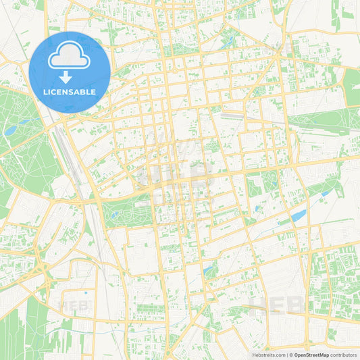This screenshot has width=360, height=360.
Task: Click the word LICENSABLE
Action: tap(70, 91)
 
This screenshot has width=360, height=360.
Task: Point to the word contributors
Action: tap(344, 355)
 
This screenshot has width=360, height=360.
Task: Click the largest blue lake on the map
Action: tap(299, 215)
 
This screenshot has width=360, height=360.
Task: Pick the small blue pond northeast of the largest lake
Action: tap(326, 194)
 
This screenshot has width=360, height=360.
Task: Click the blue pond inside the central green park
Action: tap(115, 215)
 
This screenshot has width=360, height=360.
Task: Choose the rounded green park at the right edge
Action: tap(352, 88)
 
